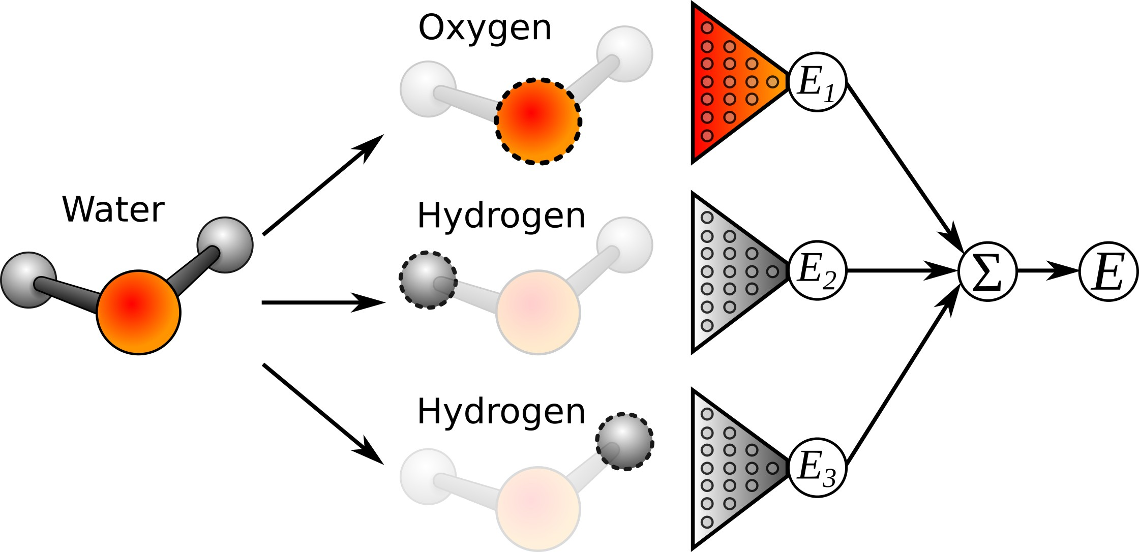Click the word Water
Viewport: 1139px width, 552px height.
pyautogui.click(x=113, y=209)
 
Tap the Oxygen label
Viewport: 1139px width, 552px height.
pyautogui.click(x=485, y=28)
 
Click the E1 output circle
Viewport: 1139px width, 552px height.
pyautogui.click(x=817, y=82)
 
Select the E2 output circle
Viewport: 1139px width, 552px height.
pyautogui.click(x=817, y=270)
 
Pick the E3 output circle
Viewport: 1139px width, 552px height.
pyautogui.click(x=817, y=468)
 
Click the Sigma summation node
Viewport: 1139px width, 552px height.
pyautogui.click(x=987, y=271)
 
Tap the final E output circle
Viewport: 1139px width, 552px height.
pyautogui.click(x=1108, y=271)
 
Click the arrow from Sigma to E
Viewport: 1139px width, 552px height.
pyautogui.click(x=1047, y=271)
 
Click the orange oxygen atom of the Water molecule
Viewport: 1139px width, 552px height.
pyautogui.click(x=138, y=312)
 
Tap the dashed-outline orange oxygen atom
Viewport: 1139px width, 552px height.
pyautogui.click(x=538, y=121)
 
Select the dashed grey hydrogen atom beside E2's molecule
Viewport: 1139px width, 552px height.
pyautogui.click(x=428, y=280)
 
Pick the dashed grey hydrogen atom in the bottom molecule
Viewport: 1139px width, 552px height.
pyautogui.click(x=624, y=441)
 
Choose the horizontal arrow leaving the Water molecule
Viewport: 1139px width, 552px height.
pyautogui.click(x=323, y=302)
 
